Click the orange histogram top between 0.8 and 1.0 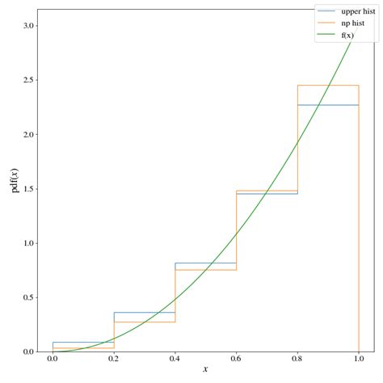click(328, 86)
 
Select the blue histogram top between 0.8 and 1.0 click(328, 105)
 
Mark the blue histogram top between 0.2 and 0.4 click(145, 313)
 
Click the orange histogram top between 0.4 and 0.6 click(205, 270)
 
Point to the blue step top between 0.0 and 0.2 click(83, 343)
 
